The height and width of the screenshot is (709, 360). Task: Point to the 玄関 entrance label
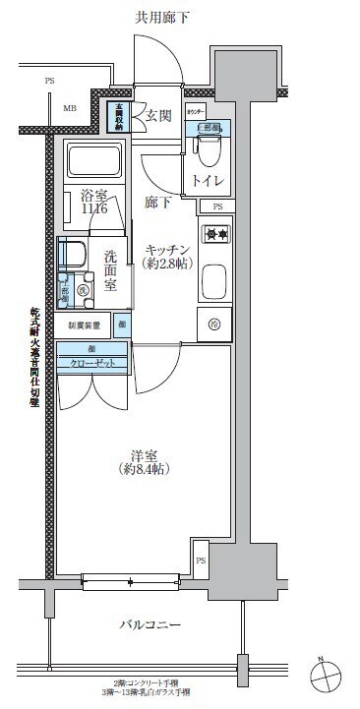coord(159,116)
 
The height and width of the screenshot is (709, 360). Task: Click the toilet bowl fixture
coord(207,149)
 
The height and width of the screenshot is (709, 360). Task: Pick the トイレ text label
coord(207,181)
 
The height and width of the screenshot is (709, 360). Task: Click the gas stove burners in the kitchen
coord(214,235)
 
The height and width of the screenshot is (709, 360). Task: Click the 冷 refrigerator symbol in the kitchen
coord(213,323)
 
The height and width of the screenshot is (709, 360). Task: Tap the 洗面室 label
coord(111,270)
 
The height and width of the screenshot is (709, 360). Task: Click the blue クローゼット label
coord(90,361)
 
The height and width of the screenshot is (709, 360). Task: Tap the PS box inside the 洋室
coord(201,561)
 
